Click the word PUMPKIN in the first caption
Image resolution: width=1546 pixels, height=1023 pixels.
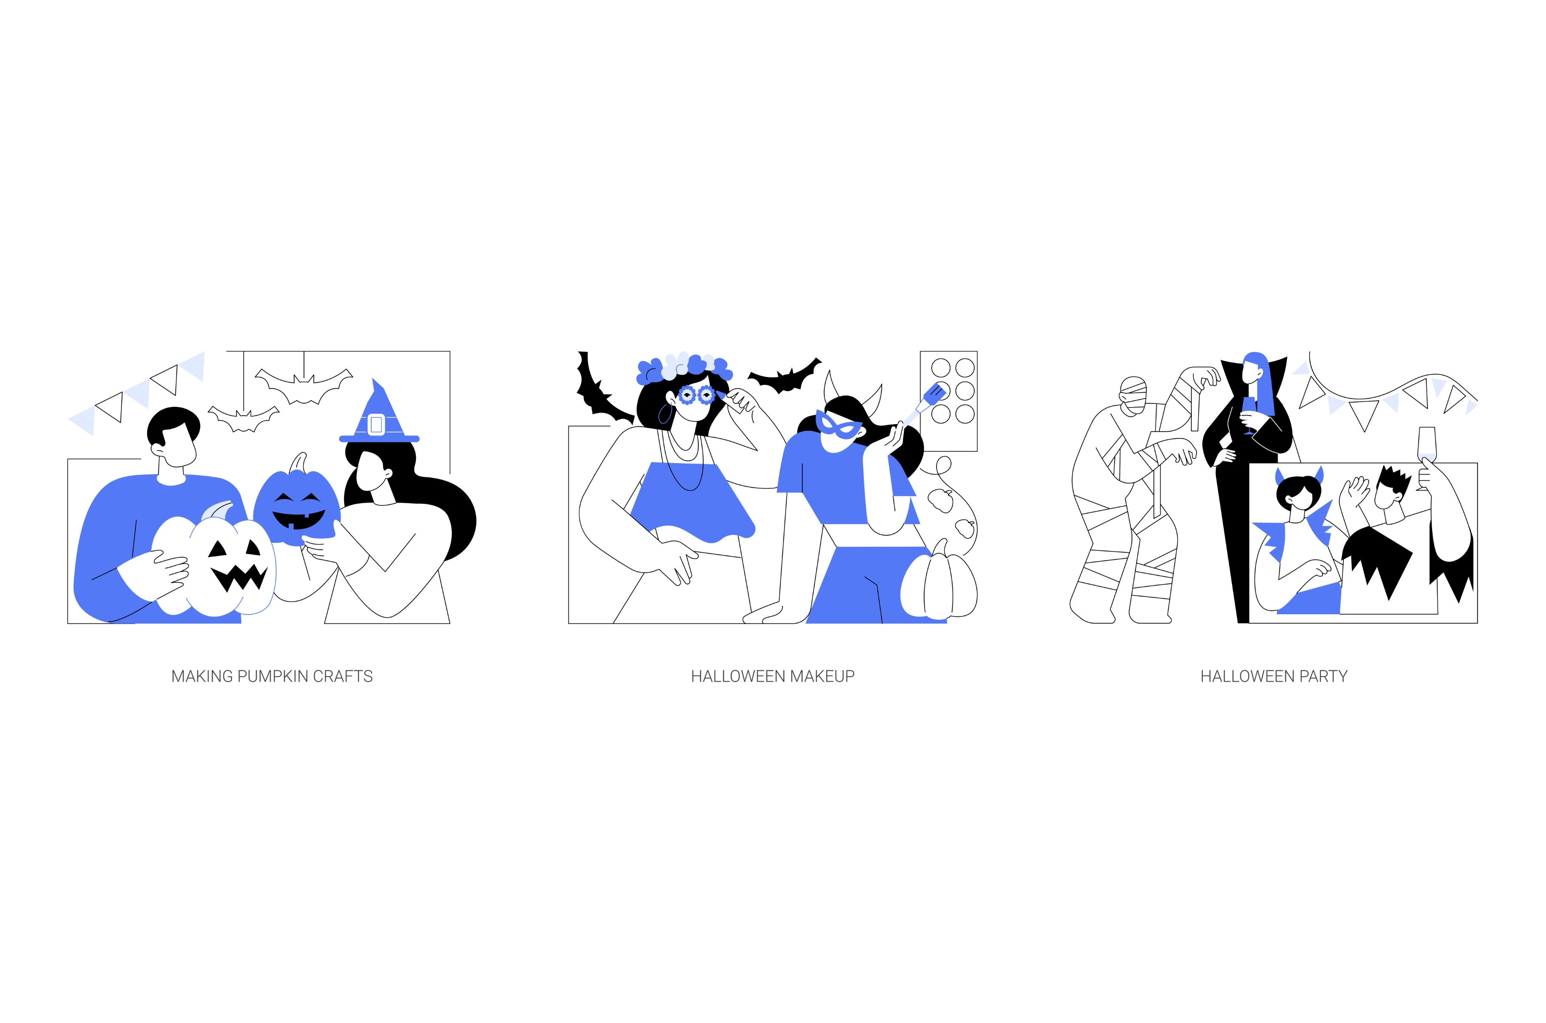tap(272, 677)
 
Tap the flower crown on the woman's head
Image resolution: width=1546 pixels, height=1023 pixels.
tap(683, 367)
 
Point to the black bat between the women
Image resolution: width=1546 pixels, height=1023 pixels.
tap(784, 377)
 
